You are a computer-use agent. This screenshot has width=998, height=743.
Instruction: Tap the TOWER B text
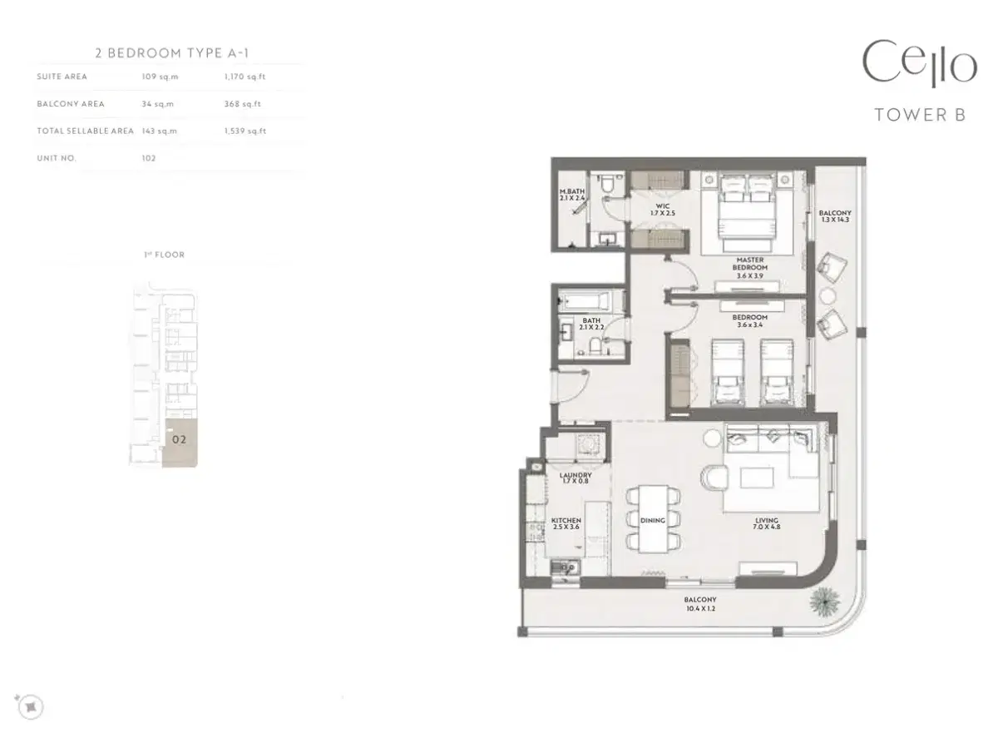click(920, 116)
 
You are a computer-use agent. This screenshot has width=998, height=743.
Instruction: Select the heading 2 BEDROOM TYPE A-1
click(172, 53)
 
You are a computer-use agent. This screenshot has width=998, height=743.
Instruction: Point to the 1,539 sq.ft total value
click(245, 131)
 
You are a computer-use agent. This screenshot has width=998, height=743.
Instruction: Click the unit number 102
click(149, 158)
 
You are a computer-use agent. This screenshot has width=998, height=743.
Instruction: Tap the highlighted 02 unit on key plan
click(179, 439)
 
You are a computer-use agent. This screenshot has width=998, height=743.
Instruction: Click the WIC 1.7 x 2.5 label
click(663, 208)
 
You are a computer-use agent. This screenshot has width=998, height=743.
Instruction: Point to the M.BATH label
click(572, 195)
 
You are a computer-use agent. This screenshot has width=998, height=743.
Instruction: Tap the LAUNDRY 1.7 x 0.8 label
click(575, 478)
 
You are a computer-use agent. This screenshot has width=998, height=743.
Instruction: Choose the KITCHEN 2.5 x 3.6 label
click(566, 524)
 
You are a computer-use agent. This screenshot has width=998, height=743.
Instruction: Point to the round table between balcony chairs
click(828, 295)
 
